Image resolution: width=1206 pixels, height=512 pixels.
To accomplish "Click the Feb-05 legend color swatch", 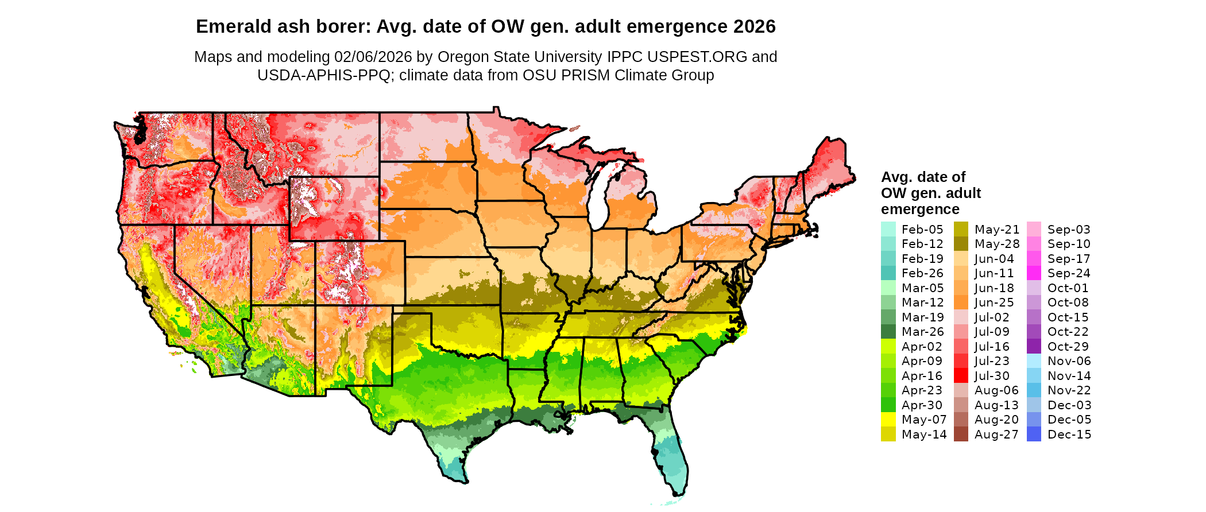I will pos(888,229).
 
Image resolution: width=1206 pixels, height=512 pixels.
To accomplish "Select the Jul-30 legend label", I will pos(992,376).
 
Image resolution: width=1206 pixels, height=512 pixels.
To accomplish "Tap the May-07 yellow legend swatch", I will pos(888,420).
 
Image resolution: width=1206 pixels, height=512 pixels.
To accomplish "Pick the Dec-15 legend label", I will pos(1069,435).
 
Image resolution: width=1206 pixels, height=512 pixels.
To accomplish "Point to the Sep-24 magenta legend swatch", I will pos(1034,273).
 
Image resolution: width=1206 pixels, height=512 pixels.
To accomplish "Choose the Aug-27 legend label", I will pos(996,435).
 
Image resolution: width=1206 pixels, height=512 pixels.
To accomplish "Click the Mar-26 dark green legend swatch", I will pos(888,332).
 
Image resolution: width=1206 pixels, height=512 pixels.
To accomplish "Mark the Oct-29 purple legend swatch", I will pos(1034,347).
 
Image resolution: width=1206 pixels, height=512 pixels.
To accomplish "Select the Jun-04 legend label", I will pos(994,259).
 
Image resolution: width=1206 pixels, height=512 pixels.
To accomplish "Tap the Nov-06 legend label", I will pos(1069,361).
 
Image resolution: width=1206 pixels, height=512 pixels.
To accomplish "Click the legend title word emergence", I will pos(920,209).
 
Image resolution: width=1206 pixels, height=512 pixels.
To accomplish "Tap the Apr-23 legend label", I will pos(922,390).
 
